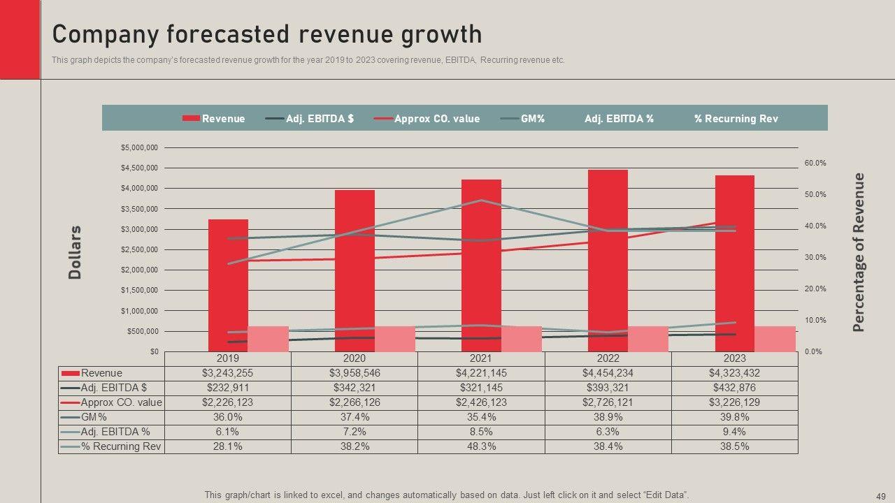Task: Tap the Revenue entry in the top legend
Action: (x=214, y=119)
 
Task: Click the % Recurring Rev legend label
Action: (x=736, y=119)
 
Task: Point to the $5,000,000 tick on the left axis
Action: (x=139, y=147)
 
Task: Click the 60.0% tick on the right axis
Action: (x=815, y=163)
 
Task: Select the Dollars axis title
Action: (x=75, y=252)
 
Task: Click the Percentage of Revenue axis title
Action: (x=859, y=252)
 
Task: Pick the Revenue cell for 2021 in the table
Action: (x=481, y=373)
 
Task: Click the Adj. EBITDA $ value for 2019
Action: (x=228, y=388)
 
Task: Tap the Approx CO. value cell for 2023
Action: (x=734, y=402)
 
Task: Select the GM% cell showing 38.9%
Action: (x=608, y=417)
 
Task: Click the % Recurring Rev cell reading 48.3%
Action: (x=481, y=446)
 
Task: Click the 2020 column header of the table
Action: (x=355, y=358)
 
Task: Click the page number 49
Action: (x=880, y=496)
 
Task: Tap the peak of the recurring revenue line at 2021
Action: (x=481, y=201)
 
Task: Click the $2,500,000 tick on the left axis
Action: (x=139, y=249)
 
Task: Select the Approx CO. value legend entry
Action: (x=427, y=119)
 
